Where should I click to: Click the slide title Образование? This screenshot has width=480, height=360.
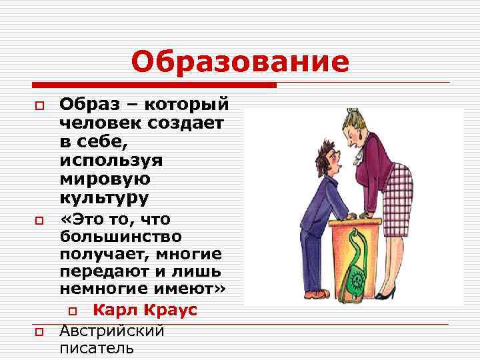pos(240,63)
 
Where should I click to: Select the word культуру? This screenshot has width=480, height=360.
pos(104,198)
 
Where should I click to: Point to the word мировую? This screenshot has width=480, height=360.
pos(105,179)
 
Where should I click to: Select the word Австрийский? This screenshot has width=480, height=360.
pos(112,331)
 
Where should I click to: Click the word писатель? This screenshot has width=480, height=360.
pos(97,348)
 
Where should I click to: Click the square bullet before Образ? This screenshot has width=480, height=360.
pos(40,106)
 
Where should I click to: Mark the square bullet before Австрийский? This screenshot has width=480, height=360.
pos(40,332)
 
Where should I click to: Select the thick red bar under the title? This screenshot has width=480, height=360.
pos(154,85)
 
